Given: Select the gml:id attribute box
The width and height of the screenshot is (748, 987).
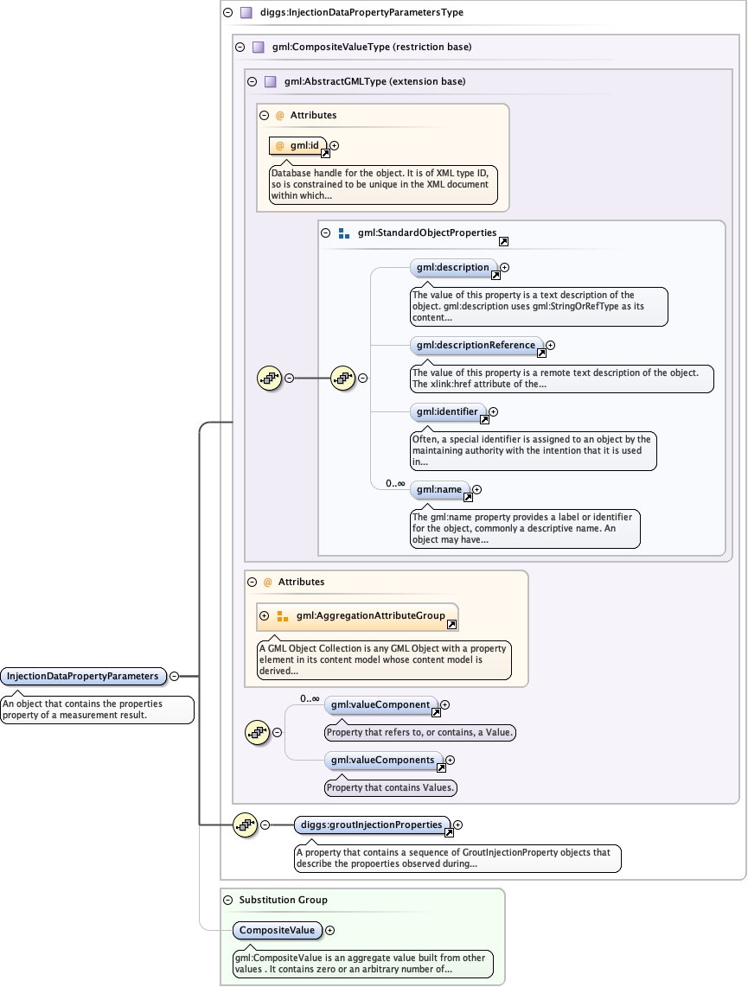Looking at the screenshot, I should [298, 146].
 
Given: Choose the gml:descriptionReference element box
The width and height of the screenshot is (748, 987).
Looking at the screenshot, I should [476, 346].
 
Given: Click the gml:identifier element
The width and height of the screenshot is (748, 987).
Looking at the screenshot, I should [447, 412].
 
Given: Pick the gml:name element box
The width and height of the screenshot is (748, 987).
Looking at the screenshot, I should [439, 490].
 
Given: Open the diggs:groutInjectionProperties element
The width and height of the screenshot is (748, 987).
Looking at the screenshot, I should [372, 825].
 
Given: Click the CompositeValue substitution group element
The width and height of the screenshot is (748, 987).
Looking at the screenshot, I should [278, 931].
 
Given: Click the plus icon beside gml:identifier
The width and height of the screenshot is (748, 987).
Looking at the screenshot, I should [494, 412].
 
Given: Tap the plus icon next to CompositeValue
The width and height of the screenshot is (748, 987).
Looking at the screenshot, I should [329, 931].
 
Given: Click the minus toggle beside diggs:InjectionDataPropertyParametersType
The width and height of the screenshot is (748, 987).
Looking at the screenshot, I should [228, 13].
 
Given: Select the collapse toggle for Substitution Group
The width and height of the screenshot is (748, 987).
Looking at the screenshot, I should [228, 900].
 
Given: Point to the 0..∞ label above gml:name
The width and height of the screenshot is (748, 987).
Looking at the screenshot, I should [395, 483].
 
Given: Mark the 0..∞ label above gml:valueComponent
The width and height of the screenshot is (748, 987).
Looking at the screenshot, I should [310, 698].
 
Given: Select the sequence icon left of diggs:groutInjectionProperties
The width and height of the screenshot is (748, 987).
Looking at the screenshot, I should [246, 825].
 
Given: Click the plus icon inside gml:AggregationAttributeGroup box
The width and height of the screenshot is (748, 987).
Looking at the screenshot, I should [265, 616].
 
